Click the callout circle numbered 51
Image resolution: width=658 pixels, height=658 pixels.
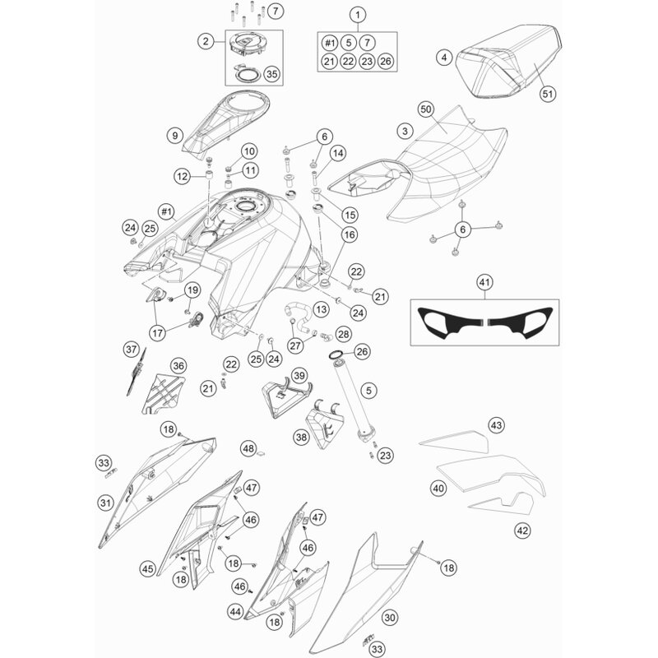click(x=548, y=93)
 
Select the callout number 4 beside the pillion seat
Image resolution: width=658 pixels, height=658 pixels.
click(x=444, y=57)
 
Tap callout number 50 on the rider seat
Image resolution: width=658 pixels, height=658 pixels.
click(x=426, y=109)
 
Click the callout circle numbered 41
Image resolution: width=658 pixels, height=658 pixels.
click(x=484, y=282)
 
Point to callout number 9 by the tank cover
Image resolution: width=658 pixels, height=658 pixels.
click(x=175, y=135)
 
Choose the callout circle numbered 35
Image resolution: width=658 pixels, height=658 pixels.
click(x=272, y=74)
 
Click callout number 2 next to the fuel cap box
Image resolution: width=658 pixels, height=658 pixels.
click(x=206, y=40)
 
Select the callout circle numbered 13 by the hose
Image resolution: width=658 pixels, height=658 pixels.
click(x=321, y=310)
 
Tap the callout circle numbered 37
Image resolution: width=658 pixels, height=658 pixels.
click(x=132, y=349)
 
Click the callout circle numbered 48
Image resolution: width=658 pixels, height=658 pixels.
click(x=249, y=448)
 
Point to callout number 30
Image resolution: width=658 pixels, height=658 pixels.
click(x=390, y=618)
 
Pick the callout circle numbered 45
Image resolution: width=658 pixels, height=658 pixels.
click(x=148, y=569)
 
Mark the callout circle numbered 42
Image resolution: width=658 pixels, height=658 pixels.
click(x=522, y=531)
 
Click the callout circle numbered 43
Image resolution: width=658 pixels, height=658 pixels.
click(x=496, y=425)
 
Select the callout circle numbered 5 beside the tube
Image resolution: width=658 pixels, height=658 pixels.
click(x=368, y=391)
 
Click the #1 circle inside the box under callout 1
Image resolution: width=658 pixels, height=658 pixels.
click(x=330, y=43)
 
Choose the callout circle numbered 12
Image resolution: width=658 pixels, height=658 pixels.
click(x=182, y=177)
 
